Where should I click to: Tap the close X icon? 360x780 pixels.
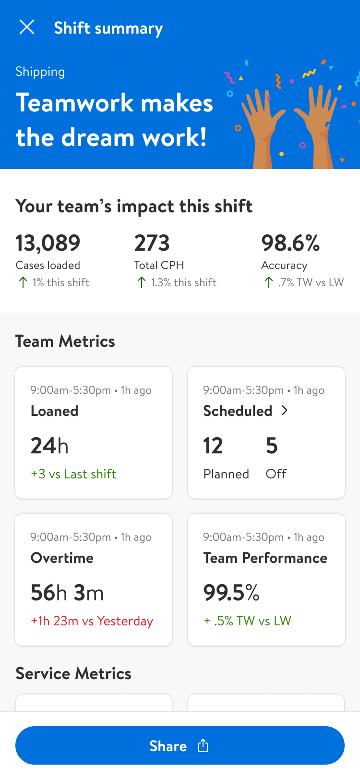point(27,27)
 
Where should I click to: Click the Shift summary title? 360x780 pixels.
point(108,28)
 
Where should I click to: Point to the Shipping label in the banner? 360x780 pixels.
point(40,72)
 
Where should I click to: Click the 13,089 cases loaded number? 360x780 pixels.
point(48,243)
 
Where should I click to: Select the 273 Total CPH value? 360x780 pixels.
point(152,243)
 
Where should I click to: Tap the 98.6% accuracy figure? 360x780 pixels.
point(290,243)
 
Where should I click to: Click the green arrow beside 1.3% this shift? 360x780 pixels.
point(141,282)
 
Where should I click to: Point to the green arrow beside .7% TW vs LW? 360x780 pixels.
point(268,282)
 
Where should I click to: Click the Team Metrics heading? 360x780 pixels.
point(65,341)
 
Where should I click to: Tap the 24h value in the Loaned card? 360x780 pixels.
point(49,446)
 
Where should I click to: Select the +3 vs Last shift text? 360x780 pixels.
point(73,474)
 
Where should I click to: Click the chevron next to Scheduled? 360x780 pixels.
point(285,411)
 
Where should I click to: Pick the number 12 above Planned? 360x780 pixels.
point(213,446)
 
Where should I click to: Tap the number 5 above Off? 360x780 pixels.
point(272,446)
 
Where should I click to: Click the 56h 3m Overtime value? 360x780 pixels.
point(67,593)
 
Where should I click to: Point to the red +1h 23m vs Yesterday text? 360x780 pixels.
point(92,621)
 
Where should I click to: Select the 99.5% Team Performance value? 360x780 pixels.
point(231,593)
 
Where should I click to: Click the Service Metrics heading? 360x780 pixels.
point(73,674)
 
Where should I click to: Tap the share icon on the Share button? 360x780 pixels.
point(203,745)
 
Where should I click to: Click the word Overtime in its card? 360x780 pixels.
point(62,558)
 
